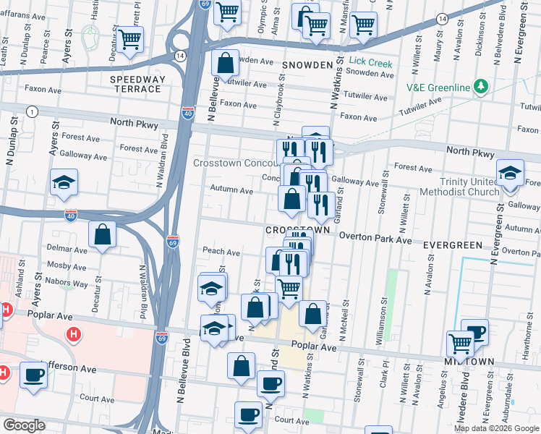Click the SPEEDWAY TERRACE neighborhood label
click(x=136, y=83)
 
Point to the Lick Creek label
click(x=370, y=63)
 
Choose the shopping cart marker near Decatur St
click(x=130, y=40)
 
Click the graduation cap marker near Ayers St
click(x=64, y=182)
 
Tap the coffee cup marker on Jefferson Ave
click(x=34, y=375)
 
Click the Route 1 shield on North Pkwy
click(x=32, y=111)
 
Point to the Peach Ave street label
click(x=221, y=252)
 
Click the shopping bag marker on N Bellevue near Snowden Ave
click(x=226, y=64)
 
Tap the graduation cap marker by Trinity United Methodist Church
click(x=510, y=173)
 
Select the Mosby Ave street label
click(x=67, y=265)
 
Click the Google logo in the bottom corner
click(x=23, y=425)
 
